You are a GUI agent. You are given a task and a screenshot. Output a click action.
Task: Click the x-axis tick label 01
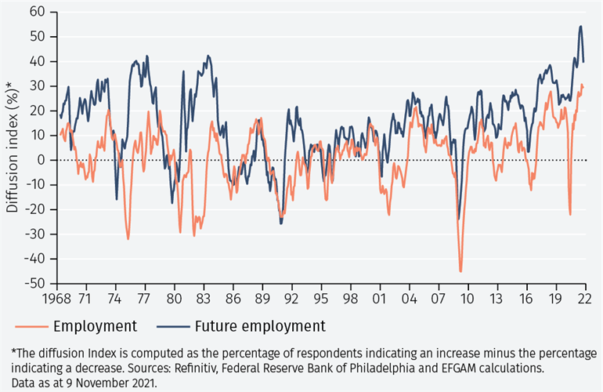pyautogui.click(x=380, y=299)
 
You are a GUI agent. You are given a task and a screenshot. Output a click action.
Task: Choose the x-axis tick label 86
pyautogui.click(x=233, y=299)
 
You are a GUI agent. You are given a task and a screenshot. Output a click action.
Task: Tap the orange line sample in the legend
pyautogui.click(x=31, y=326)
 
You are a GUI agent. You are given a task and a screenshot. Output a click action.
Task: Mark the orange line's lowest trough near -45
pyautogui.click(x=460, y=271)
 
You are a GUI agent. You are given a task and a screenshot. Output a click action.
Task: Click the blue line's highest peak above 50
pyautogui.click(x=580, y=26)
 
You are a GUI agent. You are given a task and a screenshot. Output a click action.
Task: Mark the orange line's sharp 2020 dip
pyautogui.click(x=570, y=214)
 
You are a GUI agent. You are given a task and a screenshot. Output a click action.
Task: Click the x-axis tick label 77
pyautogui.click(x=144, y=299)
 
